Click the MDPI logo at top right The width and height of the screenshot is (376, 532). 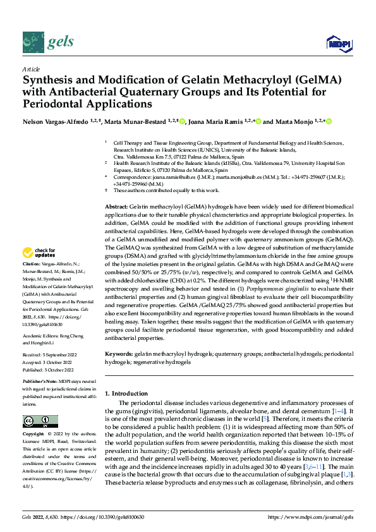[x=338, y=42]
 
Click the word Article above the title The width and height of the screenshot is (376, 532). [x=31, y=69]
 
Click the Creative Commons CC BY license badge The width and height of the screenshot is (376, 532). [x=40, y=421]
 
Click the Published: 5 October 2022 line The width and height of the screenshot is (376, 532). [x=49, y=370]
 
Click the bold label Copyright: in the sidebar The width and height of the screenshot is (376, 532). [x=35, y=435]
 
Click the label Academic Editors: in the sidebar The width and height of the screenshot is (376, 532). [x=40, y=336]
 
